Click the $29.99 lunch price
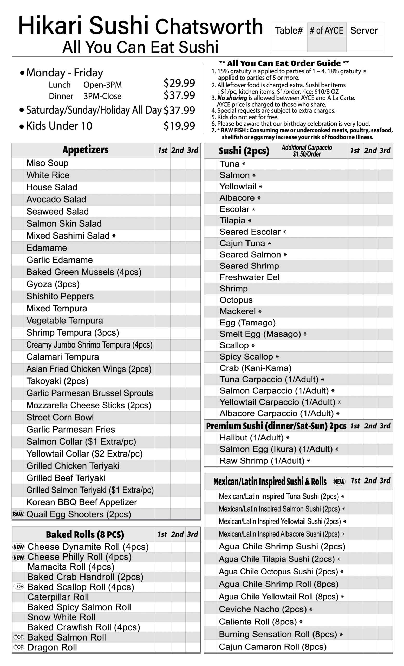click(179, 83)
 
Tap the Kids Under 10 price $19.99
click(179, 126)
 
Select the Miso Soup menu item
click(47, 163)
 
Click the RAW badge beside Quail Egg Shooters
click(18, 514)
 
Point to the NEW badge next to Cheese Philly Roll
click(19, 557)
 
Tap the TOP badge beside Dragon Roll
click(19, 647)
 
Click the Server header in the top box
click(364, 30)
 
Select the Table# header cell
click(289, 30)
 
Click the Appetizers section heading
click(85, 150)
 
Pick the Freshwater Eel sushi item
click(249, 277)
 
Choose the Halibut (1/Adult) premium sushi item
click(251, 438)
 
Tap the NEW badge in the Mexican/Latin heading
click(339, 481)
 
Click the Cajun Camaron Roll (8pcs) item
click(272, 647)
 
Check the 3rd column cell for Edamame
click(193, 248)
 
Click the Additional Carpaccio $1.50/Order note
click(307, 151)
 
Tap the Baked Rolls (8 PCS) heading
click(85, 534)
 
